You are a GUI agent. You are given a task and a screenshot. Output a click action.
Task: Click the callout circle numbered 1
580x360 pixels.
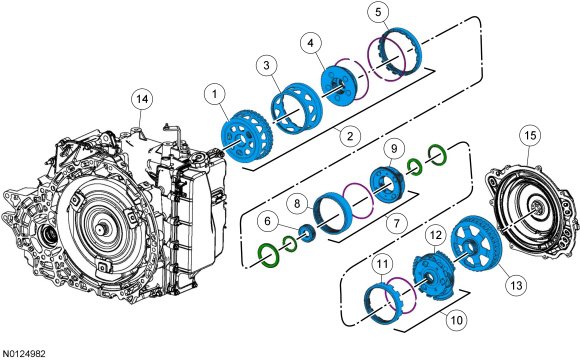click(215, 94)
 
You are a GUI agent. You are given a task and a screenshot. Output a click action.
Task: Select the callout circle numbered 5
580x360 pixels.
click(378, 12)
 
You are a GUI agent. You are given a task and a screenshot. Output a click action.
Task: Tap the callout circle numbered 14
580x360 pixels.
click(142, 99)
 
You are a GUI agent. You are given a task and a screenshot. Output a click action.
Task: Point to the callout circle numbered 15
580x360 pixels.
click(530, 135)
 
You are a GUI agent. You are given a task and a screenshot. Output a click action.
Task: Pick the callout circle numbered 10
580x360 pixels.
click(456, 319)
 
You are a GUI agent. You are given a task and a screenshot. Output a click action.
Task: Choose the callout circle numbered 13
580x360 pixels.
click(516, 285)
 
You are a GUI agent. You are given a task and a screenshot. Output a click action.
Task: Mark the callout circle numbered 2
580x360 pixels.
click(350, 136)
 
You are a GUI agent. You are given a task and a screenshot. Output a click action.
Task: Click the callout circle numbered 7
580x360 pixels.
click(396, 223)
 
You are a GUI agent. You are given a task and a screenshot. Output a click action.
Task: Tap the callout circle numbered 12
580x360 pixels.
click(436, 235)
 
